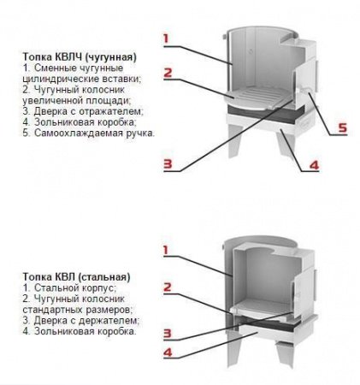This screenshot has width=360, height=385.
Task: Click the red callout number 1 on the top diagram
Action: click(166, 38)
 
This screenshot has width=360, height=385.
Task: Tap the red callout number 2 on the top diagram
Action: click(168, 73)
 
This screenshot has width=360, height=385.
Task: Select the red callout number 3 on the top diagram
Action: click(168, 163)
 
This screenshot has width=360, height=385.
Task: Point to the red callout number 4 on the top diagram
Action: click(314, 165)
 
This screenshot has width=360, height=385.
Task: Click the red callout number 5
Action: click(342, 127)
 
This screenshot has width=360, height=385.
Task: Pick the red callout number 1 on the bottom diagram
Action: click(166, 251)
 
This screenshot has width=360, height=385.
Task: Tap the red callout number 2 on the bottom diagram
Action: click(168, 287)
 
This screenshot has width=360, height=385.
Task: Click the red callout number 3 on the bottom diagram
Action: click(168, 334)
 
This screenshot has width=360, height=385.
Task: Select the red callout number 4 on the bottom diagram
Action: click(168, 352)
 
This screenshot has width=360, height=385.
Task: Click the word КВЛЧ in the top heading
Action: click(69, 57)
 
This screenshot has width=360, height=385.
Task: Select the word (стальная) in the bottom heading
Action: click(103, 277)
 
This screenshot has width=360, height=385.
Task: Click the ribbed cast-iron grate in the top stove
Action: click(256, 98)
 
